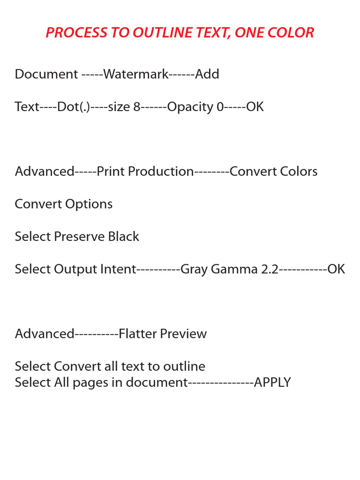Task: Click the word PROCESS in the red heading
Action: (76, 32)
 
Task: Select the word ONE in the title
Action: (249, 32)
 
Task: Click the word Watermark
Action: (136, 74)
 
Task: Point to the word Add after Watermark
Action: (207, 74)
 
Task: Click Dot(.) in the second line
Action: (74, 107)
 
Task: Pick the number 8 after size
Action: (137, 107)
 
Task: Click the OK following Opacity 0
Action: (255, 107)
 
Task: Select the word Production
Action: (161, 172)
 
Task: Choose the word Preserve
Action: (79, 237)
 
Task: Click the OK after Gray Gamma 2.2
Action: (336, 269)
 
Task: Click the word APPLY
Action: (272, 382)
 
